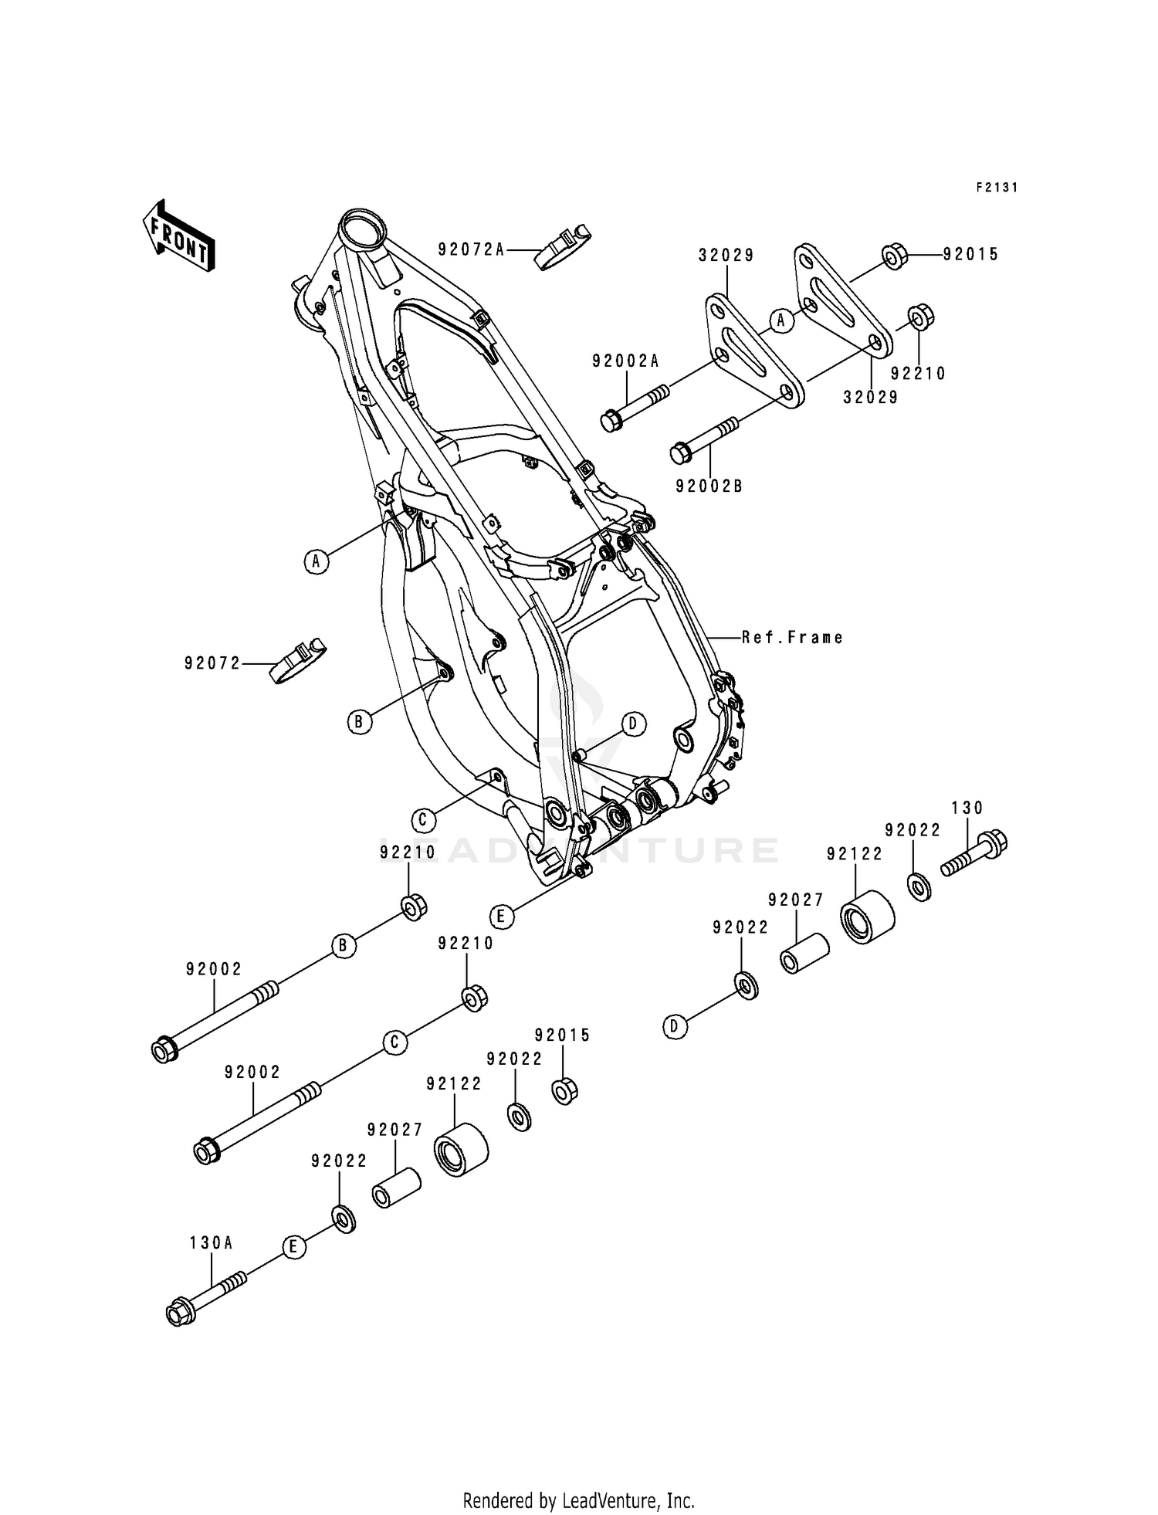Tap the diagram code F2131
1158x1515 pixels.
[997, 187]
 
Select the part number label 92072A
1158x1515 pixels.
[471, 249]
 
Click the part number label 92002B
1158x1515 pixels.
[709, 486]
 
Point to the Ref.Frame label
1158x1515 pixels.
[792, 638]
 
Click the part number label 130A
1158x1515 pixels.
[212, 1242]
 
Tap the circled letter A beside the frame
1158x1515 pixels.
[316, 561]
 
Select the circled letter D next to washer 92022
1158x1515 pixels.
[675, 1026]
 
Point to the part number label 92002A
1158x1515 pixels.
[626, 361]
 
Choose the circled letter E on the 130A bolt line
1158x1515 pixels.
[293, 1247]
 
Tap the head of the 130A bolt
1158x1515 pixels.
[180, 1313]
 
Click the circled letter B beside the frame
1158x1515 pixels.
[358, 722]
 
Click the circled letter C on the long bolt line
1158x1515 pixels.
[394, 1042]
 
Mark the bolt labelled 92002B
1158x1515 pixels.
[705, 438]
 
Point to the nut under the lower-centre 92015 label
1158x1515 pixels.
[565, 1091]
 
